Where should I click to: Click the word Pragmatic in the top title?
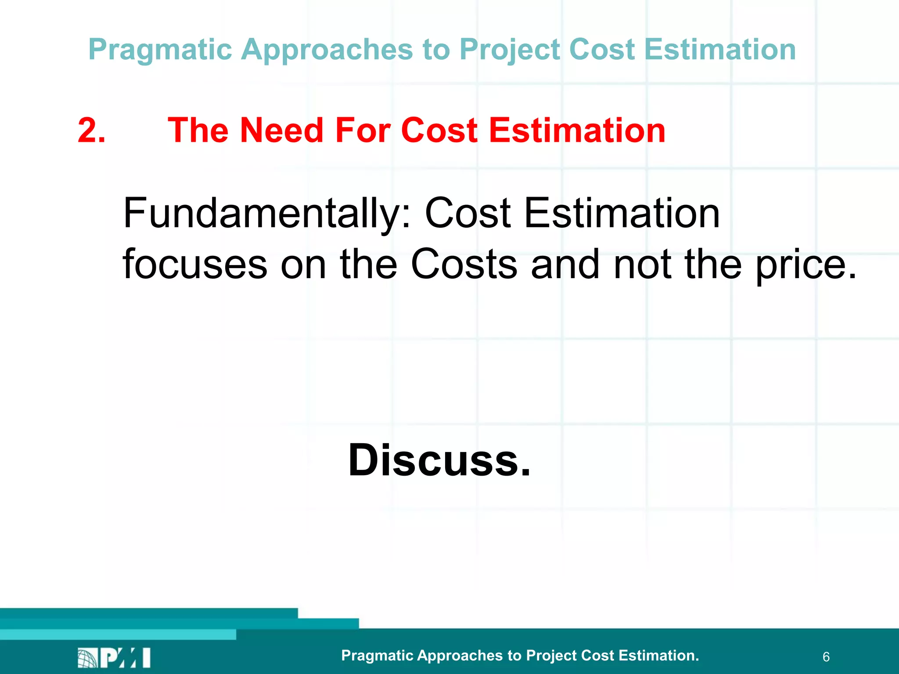point(160,50)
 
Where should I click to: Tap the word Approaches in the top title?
point(327,50)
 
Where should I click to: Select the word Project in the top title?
point(510,50)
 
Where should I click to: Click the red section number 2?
point(91,130)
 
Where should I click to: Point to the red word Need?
point(281,130)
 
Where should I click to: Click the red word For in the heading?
point(363,130)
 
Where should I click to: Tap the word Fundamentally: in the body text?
point(267,214)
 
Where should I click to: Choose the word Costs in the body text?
point(464,264)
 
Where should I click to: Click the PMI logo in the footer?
point(114,657)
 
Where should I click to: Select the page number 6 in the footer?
point(826,657)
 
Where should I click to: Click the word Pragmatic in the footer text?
point(377,656)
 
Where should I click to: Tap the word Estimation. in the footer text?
point(658,655)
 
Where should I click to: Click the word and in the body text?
point(565,264)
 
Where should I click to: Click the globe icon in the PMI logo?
point(87,658)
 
